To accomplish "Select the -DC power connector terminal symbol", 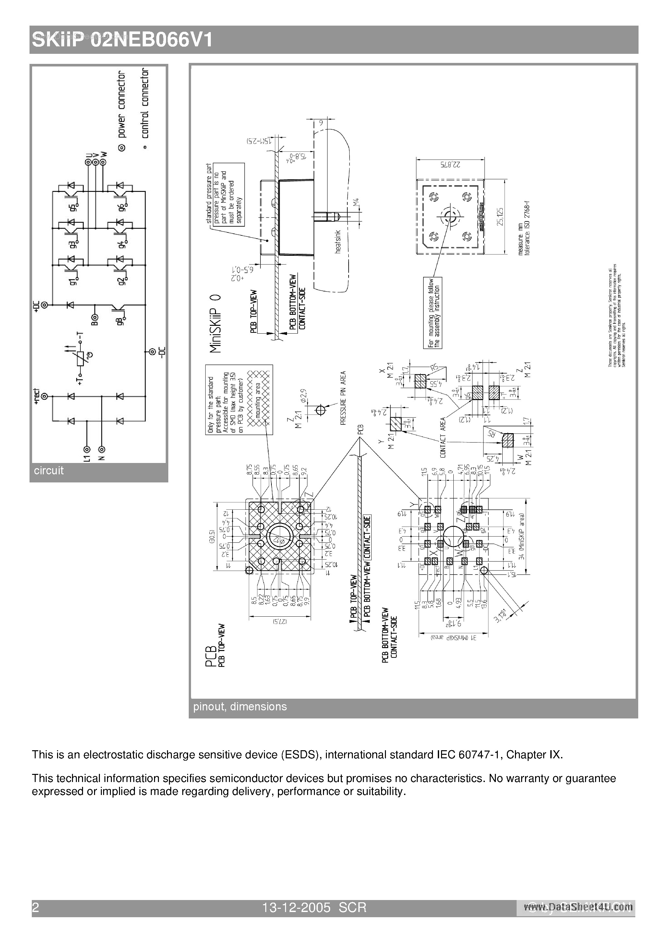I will [152, 352].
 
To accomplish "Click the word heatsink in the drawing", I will [338, 242].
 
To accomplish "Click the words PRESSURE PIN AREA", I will [343, 398].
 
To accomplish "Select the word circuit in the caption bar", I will [49, 471].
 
